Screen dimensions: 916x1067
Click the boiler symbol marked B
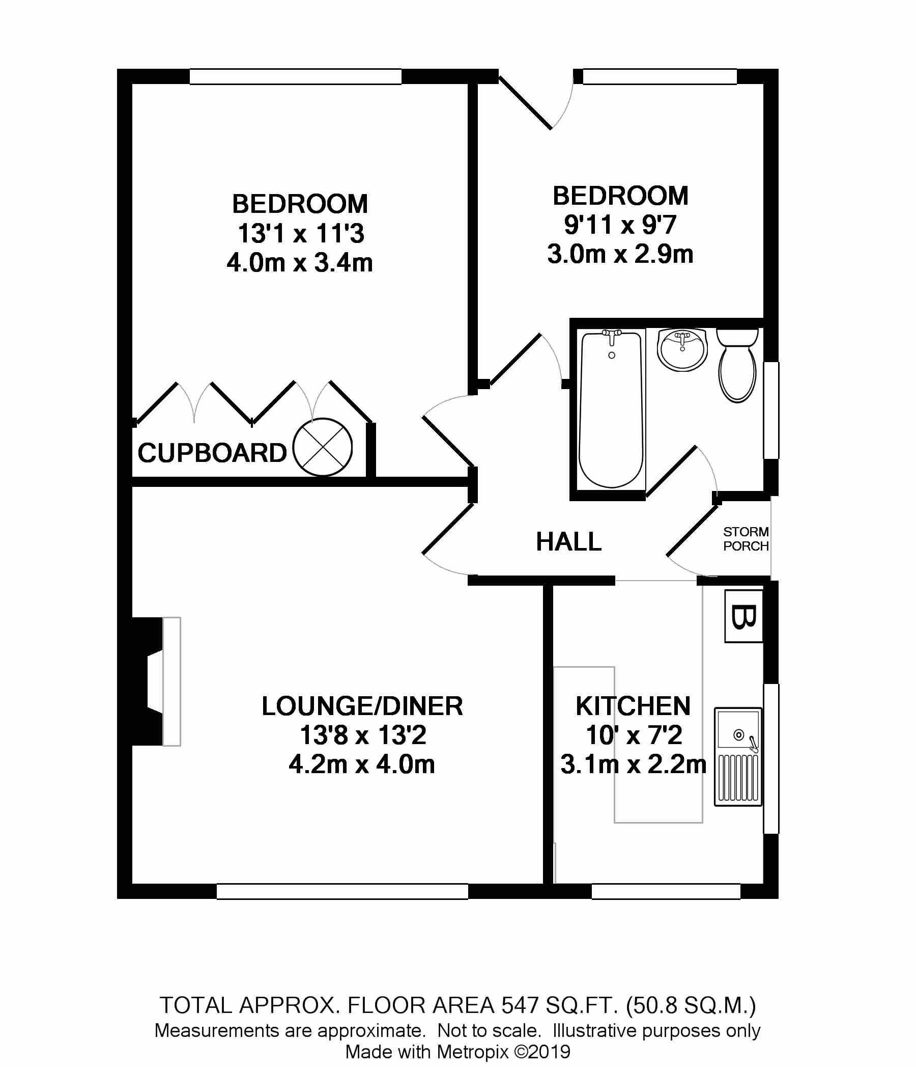click(x=743, y=616)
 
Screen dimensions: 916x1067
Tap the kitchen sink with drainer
click(x=738, y=756)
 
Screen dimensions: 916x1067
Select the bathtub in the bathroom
click(x=611, y=409)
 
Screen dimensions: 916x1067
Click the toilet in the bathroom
click(x=737, y=366)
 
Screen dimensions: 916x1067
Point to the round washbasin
click(x=682, y=349)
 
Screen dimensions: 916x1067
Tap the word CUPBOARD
click(x=212, y=454)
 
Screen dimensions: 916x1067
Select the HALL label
click(x=568, y=542)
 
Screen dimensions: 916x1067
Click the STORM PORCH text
click(x=746, y=539)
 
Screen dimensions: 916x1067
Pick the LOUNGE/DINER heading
click(x=362, y=706)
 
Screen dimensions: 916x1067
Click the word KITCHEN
click(x=633, y=706)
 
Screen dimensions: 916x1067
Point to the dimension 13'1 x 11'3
click(x=301, y=234)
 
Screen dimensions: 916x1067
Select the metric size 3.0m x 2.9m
click(x=620, y=254)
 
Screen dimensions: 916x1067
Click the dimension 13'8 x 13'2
click(x=363, y=735)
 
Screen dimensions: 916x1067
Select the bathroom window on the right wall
click(x=771, y=410)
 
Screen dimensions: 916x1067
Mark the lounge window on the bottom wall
click(x=342, y=891)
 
